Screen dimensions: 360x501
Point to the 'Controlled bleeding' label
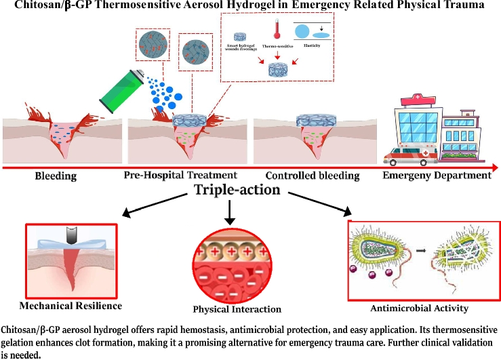click(x=312, y=176)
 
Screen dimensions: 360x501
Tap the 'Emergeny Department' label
click(x=437, y=176)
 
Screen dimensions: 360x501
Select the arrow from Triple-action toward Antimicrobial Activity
click(x=319, y=205)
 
